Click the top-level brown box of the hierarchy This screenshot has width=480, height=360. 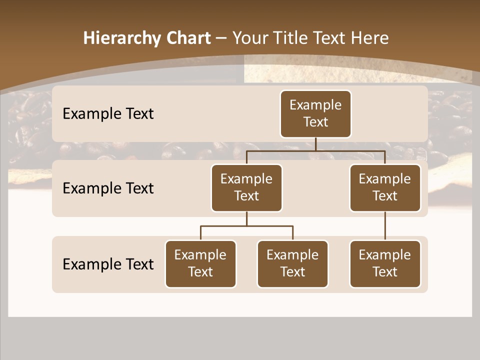(315, 113)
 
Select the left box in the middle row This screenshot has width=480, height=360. (246, 187)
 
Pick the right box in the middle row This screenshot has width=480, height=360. (385, 187)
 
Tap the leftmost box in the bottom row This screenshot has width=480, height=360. (200, 263)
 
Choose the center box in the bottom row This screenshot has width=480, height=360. (292, 263)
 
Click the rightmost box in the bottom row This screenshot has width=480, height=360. (385, 263)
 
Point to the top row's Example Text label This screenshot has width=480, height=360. (108, 114)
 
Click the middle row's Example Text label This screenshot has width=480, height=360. (108, 188)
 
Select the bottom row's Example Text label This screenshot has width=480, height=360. (108, 264)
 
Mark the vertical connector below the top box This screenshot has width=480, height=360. (315, 144)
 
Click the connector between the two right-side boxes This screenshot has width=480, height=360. (385, 226)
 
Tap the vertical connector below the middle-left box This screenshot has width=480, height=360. (246, 218)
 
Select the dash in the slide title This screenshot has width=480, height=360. (221, 38)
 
